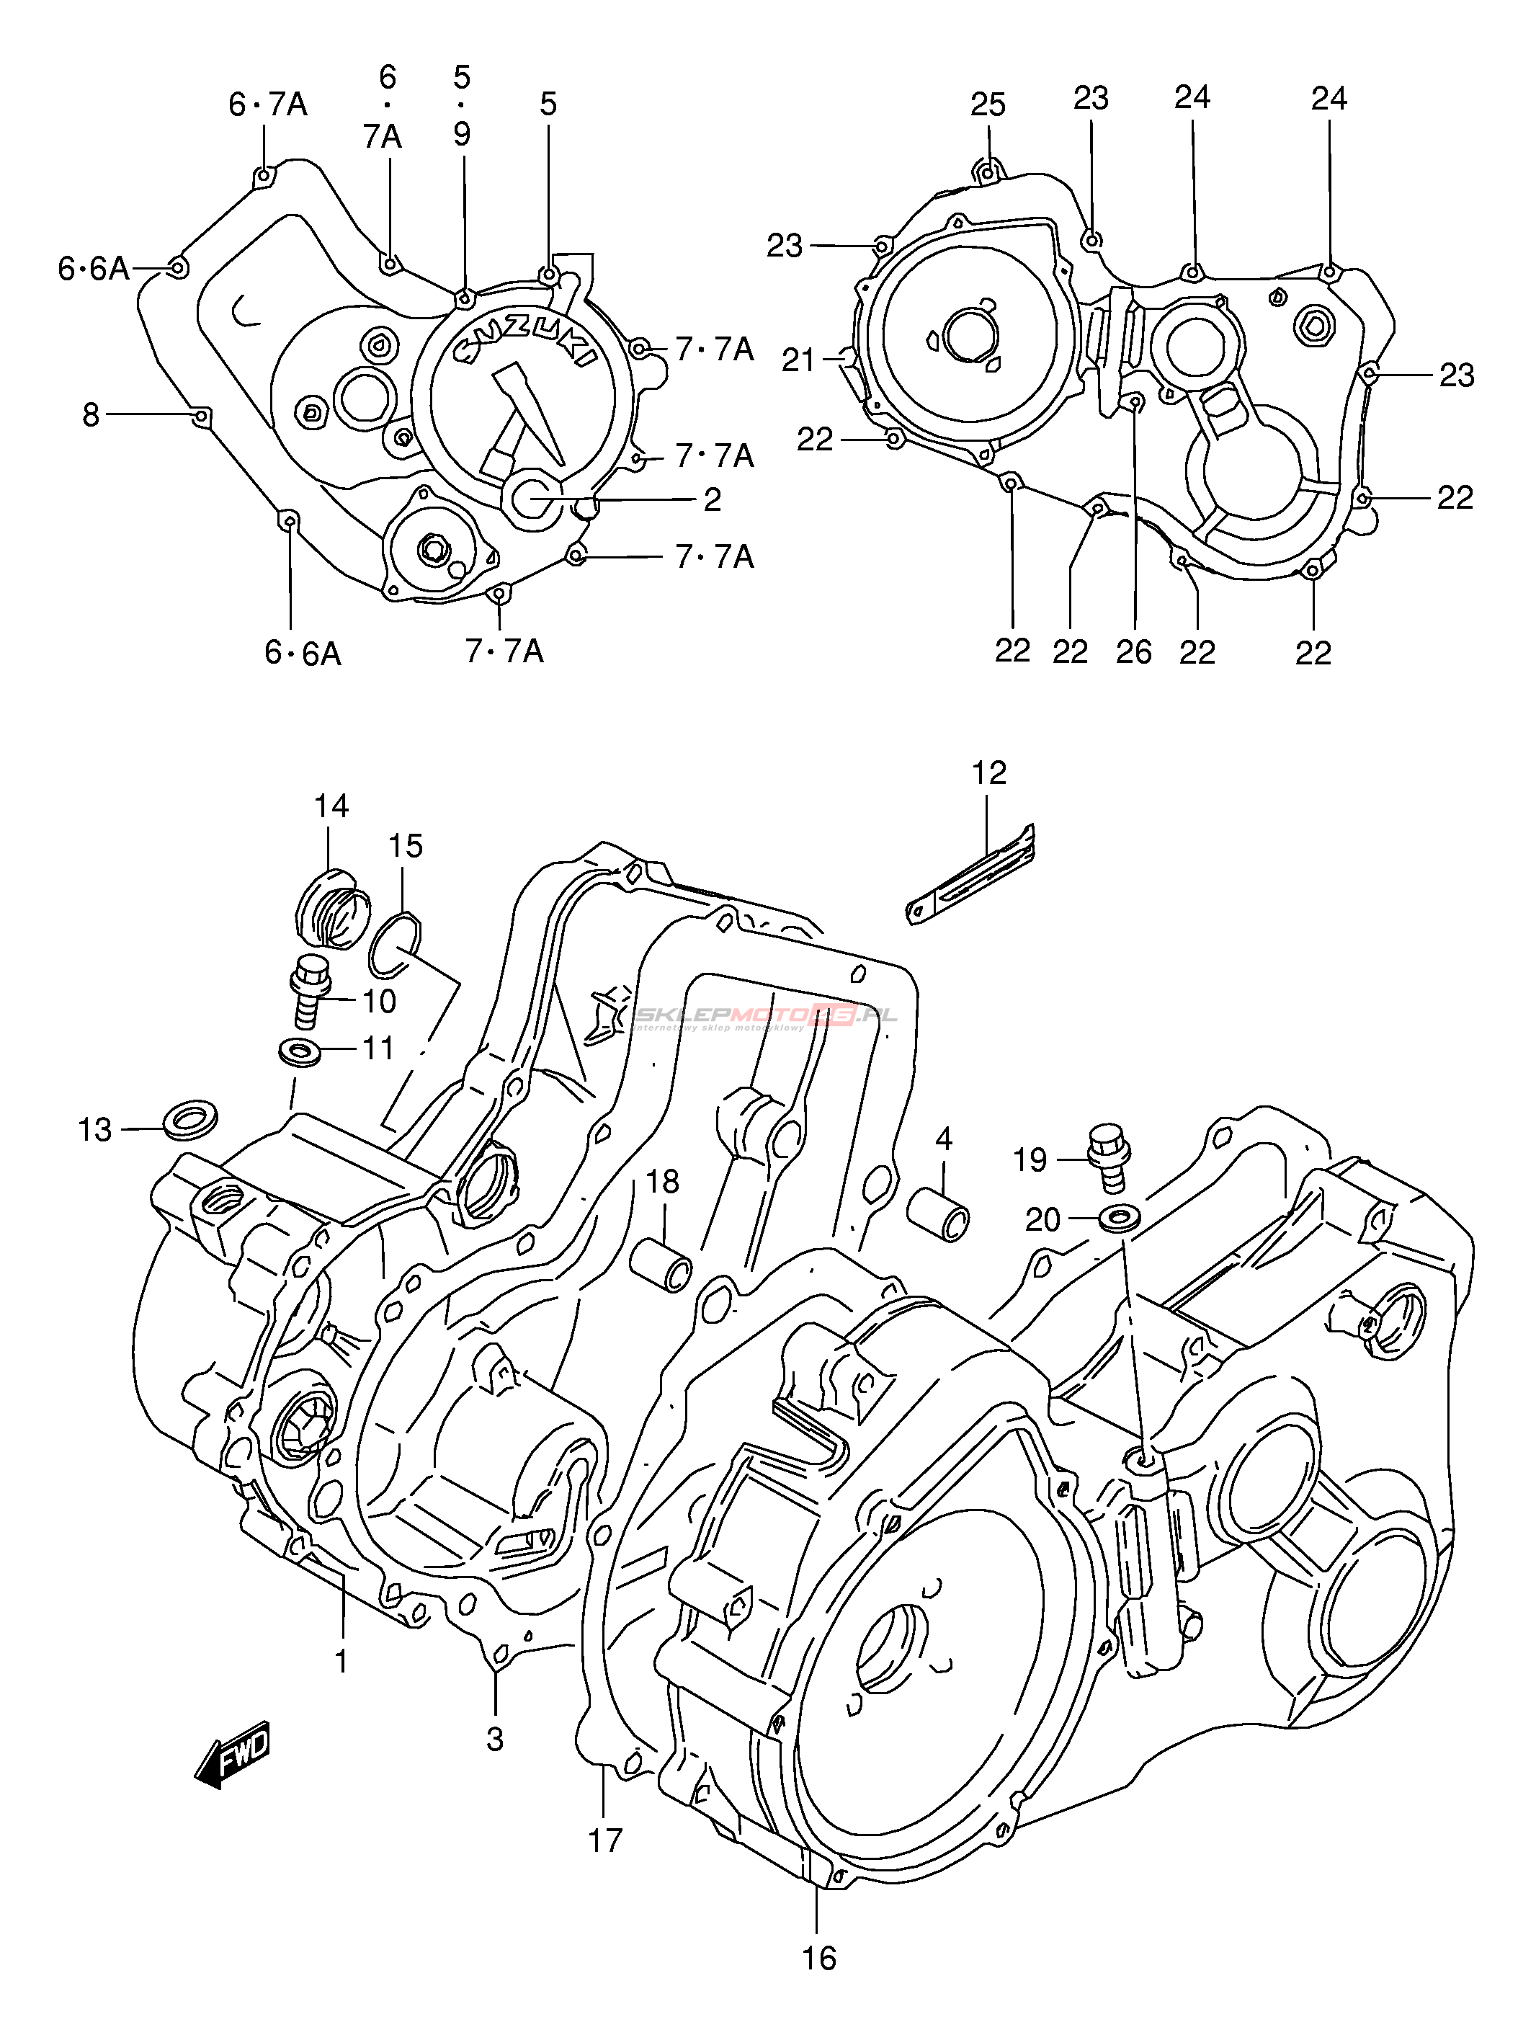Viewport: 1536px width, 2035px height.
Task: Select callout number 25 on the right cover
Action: coord(988,105)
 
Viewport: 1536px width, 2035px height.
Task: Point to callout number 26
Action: coord(1134,651)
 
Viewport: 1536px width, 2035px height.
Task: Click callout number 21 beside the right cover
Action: coord(798,360)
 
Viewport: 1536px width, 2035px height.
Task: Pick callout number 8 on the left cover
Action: coord(90,416)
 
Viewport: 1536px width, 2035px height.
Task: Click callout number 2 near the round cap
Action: coord(712,499)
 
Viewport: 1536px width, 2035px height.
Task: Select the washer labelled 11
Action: coord(299,1050)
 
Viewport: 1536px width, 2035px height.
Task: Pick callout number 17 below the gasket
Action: coord(605,1840)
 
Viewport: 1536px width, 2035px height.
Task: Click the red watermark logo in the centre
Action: coord(764,1015)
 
